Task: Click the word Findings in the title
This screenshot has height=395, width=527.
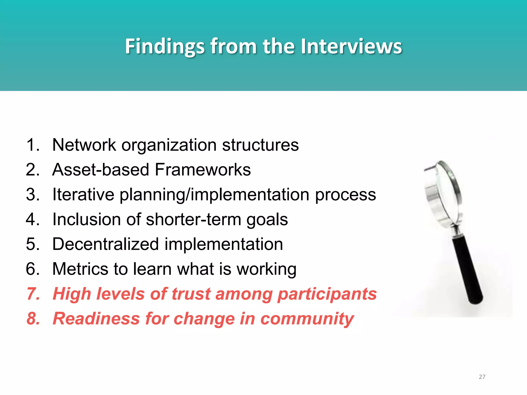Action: pos(165,46)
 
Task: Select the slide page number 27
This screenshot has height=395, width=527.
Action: pos(482,377)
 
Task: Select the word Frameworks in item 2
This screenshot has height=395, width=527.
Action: pos(203,170)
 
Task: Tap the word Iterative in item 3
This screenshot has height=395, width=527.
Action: pos(83,194)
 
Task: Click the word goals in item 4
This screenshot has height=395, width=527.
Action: pos(267,220)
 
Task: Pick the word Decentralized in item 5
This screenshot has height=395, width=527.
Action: pos(106,244)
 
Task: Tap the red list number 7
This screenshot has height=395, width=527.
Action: pos(33,294)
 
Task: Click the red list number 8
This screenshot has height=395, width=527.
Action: pos(33,319)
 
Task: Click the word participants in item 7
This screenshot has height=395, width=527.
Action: pos(327,294)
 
